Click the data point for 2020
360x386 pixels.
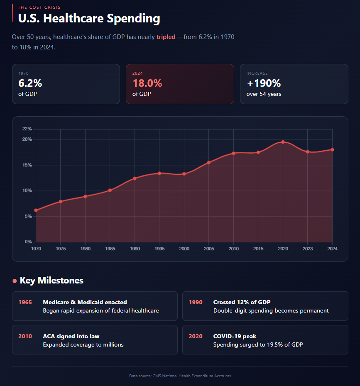[283, 142]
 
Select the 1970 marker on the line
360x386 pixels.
[36, 210]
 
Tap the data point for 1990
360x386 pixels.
[135, 178]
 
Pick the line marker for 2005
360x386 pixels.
[209, 162]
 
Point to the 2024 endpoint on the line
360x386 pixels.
[332, 150]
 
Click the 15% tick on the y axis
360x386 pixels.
[27, 165]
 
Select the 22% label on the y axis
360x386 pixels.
[27, 129]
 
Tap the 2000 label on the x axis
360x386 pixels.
[184, 249]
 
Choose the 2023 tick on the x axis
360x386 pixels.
[308, 249]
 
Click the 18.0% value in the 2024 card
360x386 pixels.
[147, 83]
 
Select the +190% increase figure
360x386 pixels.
[264, 83]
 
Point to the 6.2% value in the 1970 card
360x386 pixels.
[30, 83]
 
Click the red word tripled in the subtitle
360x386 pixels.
[166, 37]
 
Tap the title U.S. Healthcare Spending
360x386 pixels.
[89, 19]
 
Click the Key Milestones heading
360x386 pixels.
[51, 281]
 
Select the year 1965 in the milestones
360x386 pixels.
[25, 302]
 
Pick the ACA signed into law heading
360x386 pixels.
[71, 336]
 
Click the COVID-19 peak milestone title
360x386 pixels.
[235, 336]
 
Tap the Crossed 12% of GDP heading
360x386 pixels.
[242, 302]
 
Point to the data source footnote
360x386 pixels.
[180, 376]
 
